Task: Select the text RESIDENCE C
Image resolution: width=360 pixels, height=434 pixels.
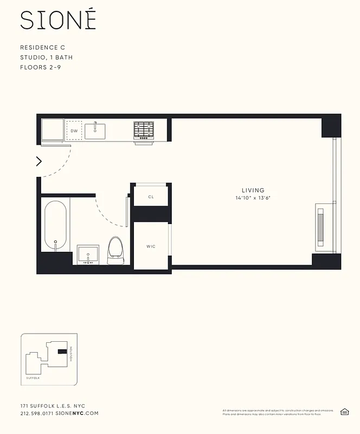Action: [x=42, y=48]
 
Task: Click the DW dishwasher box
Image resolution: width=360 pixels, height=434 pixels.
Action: [x=74, y=131]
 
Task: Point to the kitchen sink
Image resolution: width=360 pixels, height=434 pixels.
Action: [x=95, y=130]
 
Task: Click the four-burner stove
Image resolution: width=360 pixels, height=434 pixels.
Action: [x=144, y=130]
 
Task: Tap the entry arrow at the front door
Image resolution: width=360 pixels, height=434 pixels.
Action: [x=39, y=161]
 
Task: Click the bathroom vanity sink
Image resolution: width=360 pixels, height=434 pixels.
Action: [x=88, y=253]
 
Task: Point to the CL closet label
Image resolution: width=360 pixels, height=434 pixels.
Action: [x=151, y=197]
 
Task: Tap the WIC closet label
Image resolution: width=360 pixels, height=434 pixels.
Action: [x=151, y=246]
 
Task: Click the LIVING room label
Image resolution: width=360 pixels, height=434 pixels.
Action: [x=253, y=190]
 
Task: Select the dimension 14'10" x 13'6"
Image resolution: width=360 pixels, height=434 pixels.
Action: [x=253, y=198]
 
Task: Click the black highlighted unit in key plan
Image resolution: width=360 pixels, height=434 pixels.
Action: [x=63, y=352]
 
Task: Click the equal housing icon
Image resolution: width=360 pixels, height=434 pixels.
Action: [x=344, y=412]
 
